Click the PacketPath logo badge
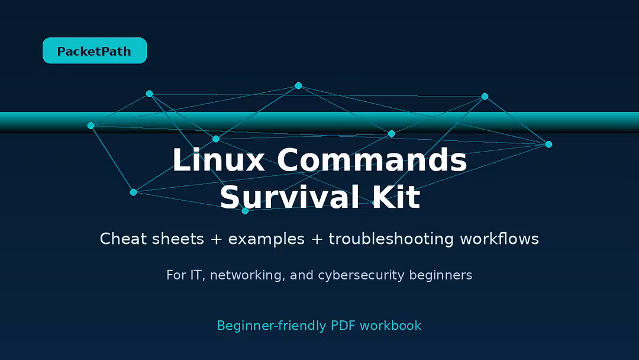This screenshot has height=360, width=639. [x=95, y=50]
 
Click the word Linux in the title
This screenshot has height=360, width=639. [x=219, y=160]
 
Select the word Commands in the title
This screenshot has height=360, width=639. [x=372, y=160]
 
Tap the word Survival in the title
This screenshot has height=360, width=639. [x=289, y=197]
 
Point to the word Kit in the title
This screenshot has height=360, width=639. [x=396, y=197]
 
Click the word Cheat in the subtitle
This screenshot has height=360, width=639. [x=123, y=239]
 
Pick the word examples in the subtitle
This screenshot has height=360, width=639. [x=266, y=239]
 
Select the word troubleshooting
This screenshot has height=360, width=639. [x=391, y=239]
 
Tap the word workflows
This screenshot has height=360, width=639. [x=499, y=239]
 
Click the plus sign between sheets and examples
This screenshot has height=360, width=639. [x=216, y=239]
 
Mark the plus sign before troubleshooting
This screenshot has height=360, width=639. [x=317, y=239]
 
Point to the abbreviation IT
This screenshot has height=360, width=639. [x=196, y=275]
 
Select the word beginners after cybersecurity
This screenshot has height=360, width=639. [x=441, y=275]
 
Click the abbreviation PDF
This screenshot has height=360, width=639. [x=343, y=325]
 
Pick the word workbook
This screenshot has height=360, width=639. [x=390, y=325]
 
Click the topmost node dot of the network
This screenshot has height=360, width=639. [x=298, y=86]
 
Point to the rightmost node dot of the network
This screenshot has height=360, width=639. [x=548, y=144]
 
